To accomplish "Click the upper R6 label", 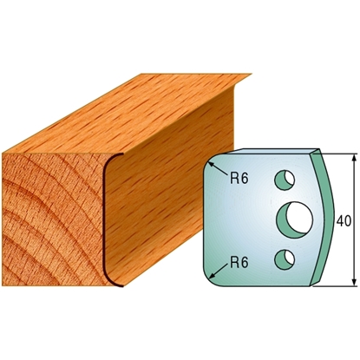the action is [239, 179].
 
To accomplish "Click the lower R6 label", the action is [239, 263].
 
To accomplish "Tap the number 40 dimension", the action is [344, 221].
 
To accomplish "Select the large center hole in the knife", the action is [295, 220].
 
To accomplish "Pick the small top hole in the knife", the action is [285, 180].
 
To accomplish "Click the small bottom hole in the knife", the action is [285, 259].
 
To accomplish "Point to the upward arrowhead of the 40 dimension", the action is [354, 158].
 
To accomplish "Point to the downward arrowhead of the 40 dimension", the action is [354, 282].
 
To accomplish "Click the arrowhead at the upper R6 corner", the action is [211, 165].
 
